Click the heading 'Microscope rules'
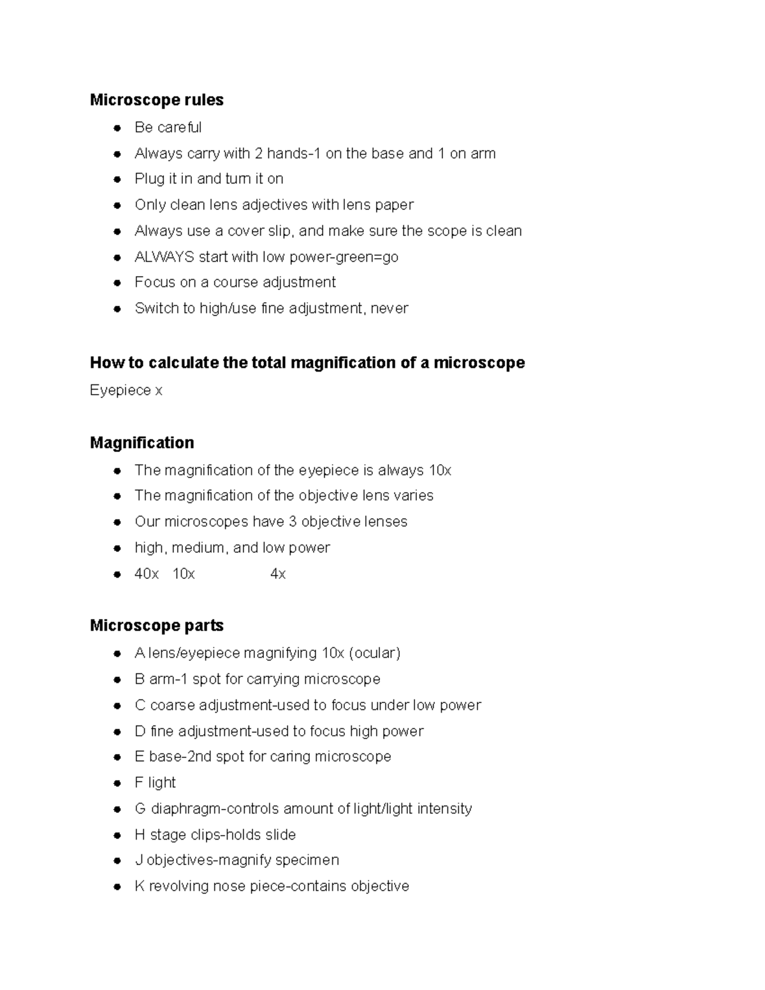pos(156,100)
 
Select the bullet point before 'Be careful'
pos(117,128)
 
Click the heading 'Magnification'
pos(142,442)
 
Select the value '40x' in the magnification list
pos(147,574)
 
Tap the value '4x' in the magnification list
pos(278,574)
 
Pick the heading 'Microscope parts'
pos(156,625)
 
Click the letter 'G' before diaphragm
pos(140,809)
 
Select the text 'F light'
pos(155,783)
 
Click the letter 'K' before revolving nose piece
pos(140,887)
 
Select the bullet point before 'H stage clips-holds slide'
pos(117,835)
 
